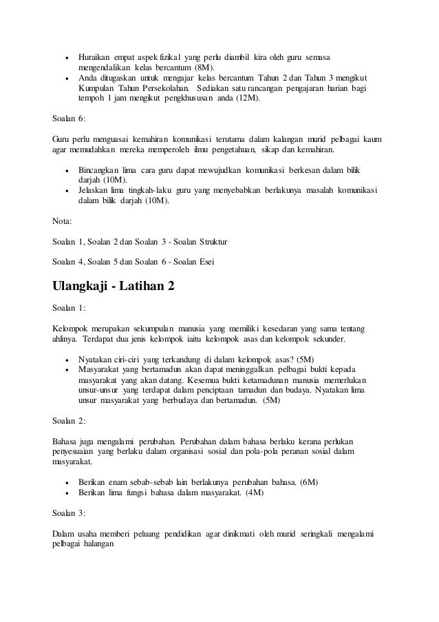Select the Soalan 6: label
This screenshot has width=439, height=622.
[x=69, y=118]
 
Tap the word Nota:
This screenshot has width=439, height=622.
[x=64, y=222]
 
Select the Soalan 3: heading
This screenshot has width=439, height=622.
[x=69, y=514]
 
